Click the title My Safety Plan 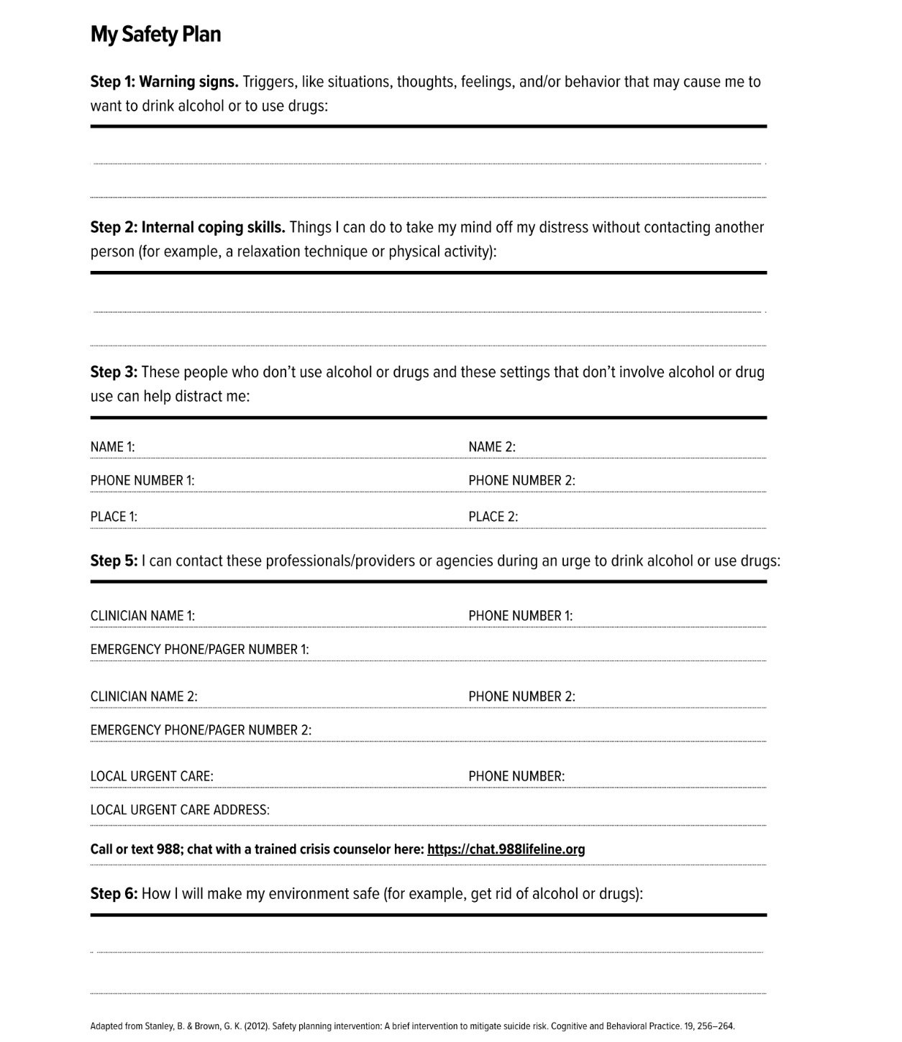click(155, 34)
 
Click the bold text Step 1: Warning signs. click(164, 82)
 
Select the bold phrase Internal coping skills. click(213, 228)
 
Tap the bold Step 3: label click(114, 372)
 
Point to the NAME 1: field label click(112, 447)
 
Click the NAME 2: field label click(492, 447)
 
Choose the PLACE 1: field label click(114, 517)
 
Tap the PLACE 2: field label click(493, 517)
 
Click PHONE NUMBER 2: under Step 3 click(521, 481)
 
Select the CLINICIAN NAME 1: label click(142, 616)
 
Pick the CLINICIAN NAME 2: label click(144, 696)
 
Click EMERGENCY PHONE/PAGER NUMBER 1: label click(199, 650)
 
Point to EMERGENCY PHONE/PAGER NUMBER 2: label click(201, 730)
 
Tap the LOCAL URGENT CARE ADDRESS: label click(180, 810)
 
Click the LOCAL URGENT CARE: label click(152, 777)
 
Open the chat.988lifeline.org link click(506, 849)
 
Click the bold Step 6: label click(114, 894)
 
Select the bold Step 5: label click(114, 561)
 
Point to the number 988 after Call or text click(168, 849)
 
